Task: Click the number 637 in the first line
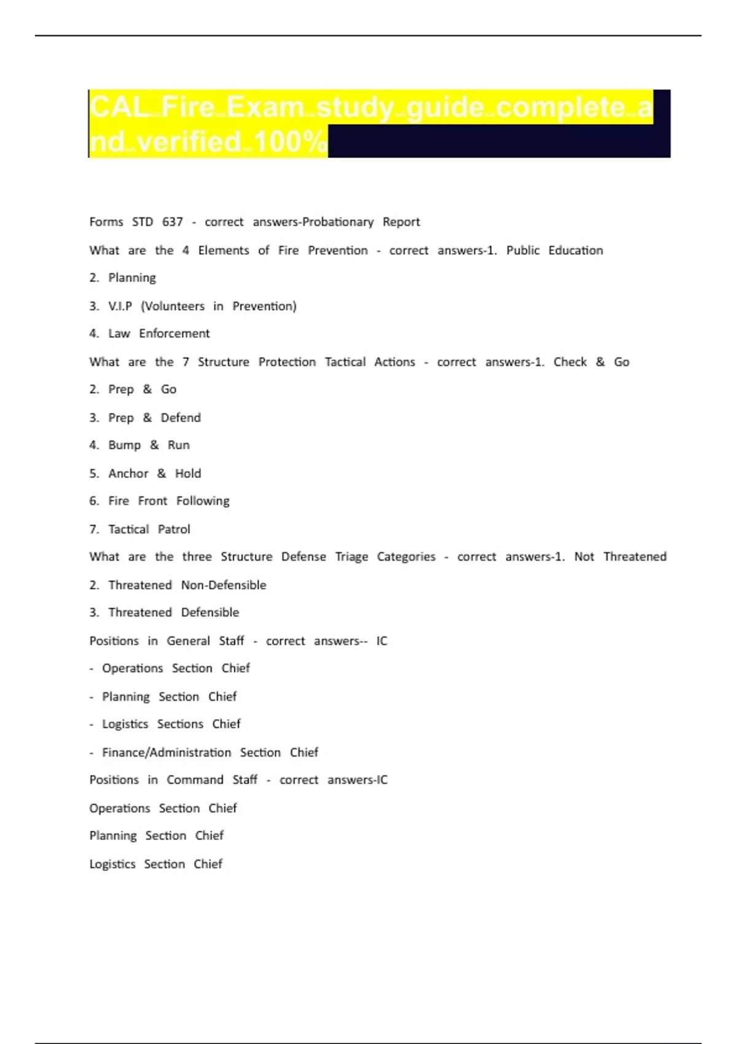click(x=173, y=222)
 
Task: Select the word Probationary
click(x=338, y=222)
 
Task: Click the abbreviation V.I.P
click(x=120, y=306)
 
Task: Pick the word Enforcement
click(x=174, y=333)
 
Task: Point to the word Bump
click(x=125, y=445)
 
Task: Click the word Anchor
click(x=128, y=473)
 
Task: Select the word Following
click(x=203, y=501)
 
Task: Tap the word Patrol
click(x=174, y=529)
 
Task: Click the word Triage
click(x=351, y=557)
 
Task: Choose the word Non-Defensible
click(x=224, y=585)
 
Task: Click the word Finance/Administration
click(x=166, y=752)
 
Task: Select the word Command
click(x=195, y=780)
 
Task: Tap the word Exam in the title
click(x=265, y=107)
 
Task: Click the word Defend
click(x=181, y=418)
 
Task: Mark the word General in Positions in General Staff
click(x=188, y=641)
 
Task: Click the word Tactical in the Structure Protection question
click(x=345, y=362)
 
